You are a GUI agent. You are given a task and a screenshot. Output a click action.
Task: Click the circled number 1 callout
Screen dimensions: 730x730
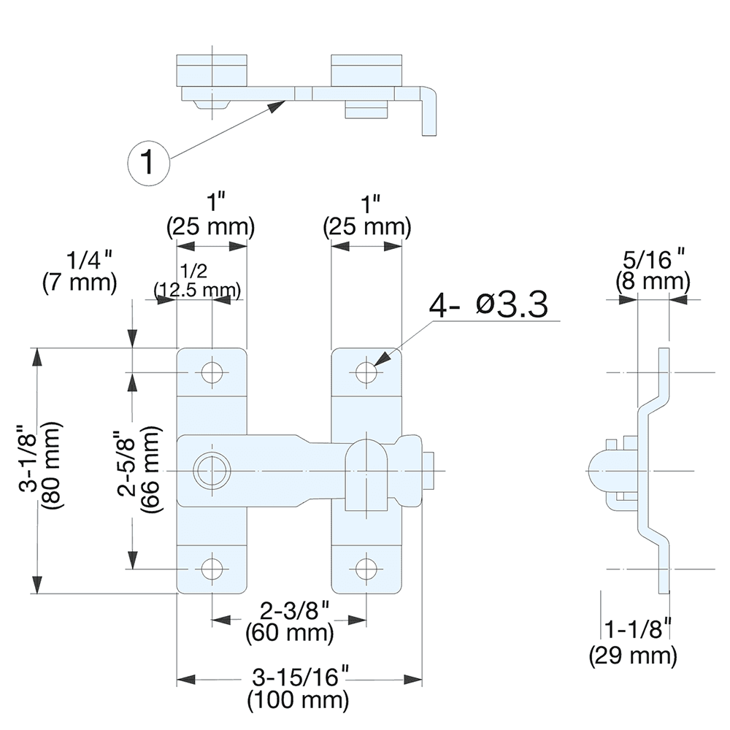pyautogui.click(x=148, y=160)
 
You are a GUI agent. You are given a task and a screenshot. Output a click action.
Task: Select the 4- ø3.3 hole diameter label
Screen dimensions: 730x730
pyautogui.click(x=488, y=305)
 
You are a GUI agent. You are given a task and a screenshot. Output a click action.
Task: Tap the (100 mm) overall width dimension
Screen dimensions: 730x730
pyautogui.click(x=297, y=702)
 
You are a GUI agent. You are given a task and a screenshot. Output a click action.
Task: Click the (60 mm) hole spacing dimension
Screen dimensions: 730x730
pyautogui.click(x=290, y=631)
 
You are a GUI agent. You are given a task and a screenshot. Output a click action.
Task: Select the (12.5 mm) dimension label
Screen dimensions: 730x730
pyautogui.click(x=197, y=291)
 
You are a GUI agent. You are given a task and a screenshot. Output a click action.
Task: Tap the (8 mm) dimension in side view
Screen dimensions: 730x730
pyautogui.click(x=652, y=280)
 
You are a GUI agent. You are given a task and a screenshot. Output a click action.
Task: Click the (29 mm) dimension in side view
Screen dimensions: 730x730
pyautogui.click(x=632, y=655)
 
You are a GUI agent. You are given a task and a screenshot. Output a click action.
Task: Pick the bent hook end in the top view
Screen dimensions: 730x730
pyautogui.click(x=429, y=109)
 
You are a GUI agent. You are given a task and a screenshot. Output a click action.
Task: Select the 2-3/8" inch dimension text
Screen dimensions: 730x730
pyautogui.click(x=290, y=610)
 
